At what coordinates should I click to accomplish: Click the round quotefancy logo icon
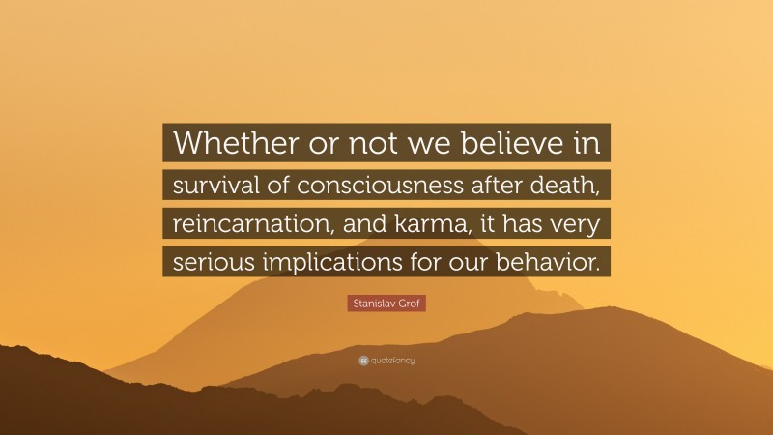[x=362, y=361]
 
